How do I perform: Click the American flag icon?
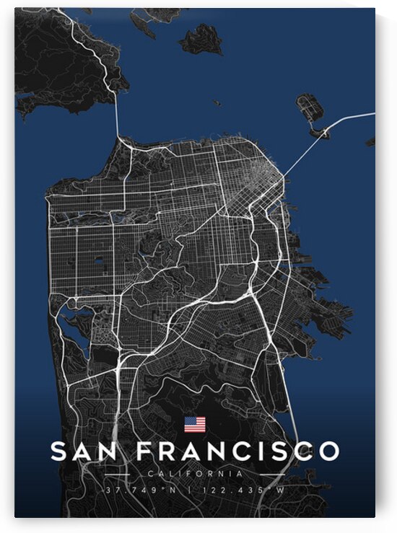click(x=195, y=424)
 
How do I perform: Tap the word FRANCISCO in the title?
click(x=237, y=451)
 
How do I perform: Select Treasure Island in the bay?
click(x=310, y=108)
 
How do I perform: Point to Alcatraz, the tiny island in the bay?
click(x=217, y=102)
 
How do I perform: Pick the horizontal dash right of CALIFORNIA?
click(x=265, y=475)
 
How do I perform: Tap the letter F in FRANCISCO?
click(x=145, y=451)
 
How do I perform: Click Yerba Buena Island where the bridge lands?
click(x=319, y=133)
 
